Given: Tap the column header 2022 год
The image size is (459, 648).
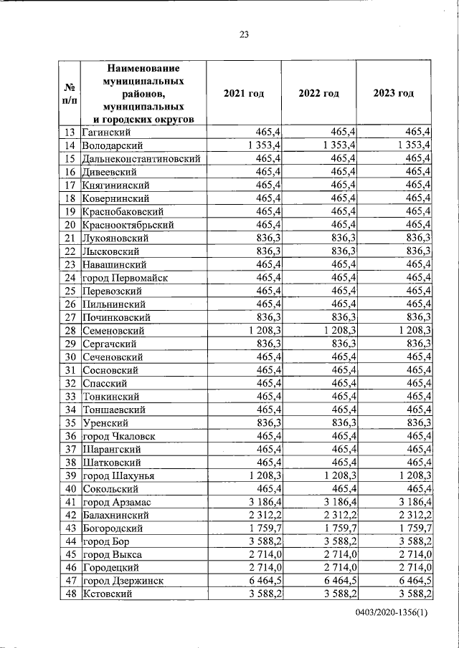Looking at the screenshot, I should pos(319,94).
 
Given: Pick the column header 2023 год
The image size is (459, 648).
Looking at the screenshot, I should pos(394,94).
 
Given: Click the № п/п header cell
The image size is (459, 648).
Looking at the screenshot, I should pos(70,94).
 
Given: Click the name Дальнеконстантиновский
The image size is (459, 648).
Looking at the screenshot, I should pos(141,159).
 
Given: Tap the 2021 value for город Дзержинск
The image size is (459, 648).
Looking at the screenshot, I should pos(262,581).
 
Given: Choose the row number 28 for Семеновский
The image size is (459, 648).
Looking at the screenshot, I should pos(70,330).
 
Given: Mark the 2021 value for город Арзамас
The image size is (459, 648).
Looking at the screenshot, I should pos(262,502).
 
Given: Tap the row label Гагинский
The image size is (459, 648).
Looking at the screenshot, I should pos(106,132).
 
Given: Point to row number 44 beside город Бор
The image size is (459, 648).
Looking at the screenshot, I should pos(70,541).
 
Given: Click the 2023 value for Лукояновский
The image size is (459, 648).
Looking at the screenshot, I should pos(417,238).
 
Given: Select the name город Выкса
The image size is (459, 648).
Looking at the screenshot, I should pos(113,555).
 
